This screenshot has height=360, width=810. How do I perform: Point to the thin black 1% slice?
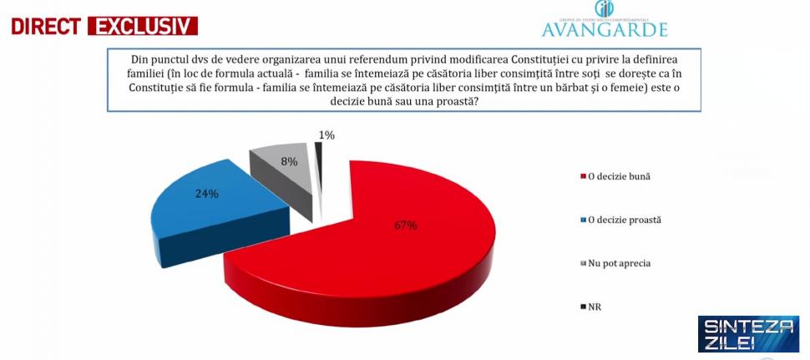(319, 159)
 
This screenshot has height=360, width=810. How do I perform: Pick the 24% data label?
(207, 194)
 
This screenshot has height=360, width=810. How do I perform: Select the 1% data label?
(327, 134)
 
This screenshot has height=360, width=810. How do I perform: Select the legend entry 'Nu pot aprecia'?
(619, 263)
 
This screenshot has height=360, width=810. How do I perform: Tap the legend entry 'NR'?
(595, 307)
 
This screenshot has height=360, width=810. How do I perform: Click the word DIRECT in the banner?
(44, 26)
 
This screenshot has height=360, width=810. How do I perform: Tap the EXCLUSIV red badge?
(143, 26)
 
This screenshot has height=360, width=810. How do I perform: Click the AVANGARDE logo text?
(605, 30)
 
